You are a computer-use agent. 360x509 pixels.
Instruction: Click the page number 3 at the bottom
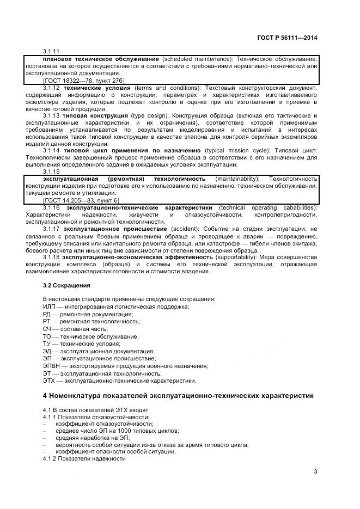point(315,471)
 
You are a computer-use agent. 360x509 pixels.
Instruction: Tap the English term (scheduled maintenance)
point(190,59)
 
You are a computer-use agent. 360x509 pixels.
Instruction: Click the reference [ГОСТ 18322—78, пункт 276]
point(83,81)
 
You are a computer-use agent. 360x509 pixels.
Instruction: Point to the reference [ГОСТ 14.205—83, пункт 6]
point(81,200)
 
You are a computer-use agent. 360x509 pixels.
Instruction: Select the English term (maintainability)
point(237,179)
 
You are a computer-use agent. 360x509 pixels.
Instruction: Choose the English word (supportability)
point(236,257)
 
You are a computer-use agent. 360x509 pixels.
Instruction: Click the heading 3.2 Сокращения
point(66,285)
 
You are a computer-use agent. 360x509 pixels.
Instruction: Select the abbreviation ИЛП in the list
point(49,307)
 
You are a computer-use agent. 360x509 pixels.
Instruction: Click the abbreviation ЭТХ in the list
point(49,381)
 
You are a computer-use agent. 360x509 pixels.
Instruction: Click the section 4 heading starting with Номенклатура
point(178,395)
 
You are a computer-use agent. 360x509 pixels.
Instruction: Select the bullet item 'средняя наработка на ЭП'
point(91,437)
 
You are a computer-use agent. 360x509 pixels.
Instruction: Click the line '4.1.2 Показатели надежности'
point(84,458)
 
